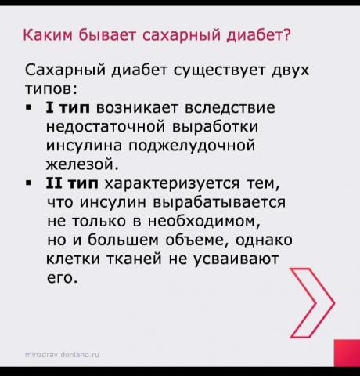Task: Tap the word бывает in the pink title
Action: pyautogui.click(x=107, y=35)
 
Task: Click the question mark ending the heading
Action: pyautogui.click(x=286, y=34)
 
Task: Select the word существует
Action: pyautogui.click(x=219, y=71)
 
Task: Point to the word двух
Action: pyautogui.click(x=290, y=71)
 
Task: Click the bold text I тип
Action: pyautogui.click(x=68, y=107)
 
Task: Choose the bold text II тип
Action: pyautogui.click(x=72, y=183)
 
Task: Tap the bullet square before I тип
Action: pyautogui.click(x=28, y=107)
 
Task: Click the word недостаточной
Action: pyautogui.click(x=106, y=127)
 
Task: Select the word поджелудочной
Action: pyautogui.click(x=192, y=146)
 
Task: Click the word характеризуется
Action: pyautogui.click(x=172, y=183)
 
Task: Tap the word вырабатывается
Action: pyautogui.click(x=219, y=202)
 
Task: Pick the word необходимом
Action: pyautogui.click(x=204, y=221)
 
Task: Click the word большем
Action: pyautogui.click(x=123, y=240)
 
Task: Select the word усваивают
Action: pyautogui.click(x=236, y=258)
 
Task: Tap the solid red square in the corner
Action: pyautogui.click(x=347, y=352)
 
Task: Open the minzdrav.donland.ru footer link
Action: pyautogui.click(x=62, y=355)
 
